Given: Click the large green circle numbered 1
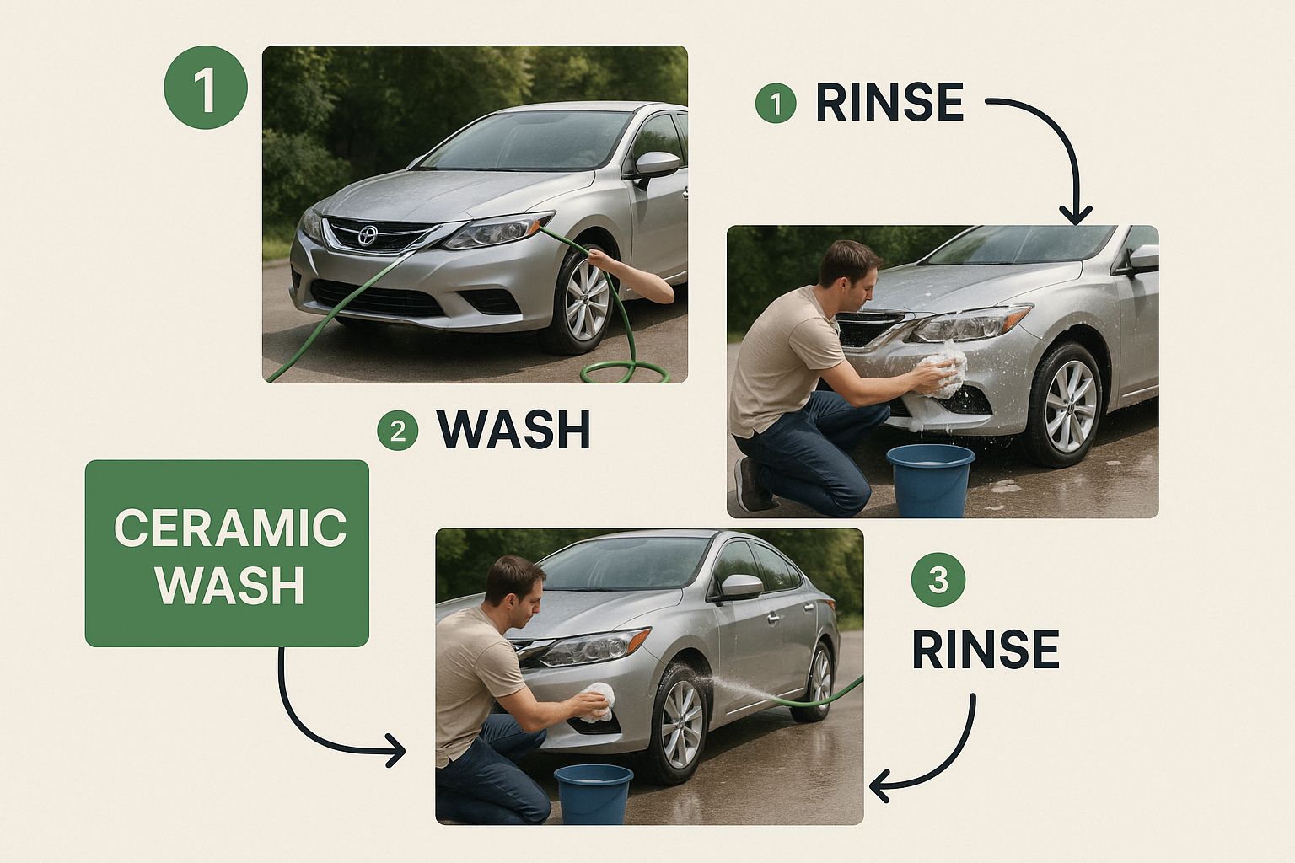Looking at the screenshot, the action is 206,88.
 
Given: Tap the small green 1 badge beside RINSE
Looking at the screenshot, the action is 776,103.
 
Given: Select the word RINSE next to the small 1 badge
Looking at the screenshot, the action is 889,102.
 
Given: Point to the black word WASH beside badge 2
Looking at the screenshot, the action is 514,430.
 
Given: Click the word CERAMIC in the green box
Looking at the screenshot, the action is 230,528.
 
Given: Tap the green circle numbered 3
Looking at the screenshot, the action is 938,579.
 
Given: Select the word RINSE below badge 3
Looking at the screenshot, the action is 986,650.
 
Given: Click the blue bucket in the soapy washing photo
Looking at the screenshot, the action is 930,480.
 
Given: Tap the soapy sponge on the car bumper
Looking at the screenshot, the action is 944,369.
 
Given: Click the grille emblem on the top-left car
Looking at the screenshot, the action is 367,235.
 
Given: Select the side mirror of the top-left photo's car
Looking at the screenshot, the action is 657,164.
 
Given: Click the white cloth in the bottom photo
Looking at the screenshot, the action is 595,702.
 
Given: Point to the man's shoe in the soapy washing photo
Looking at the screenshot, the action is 750,485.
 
